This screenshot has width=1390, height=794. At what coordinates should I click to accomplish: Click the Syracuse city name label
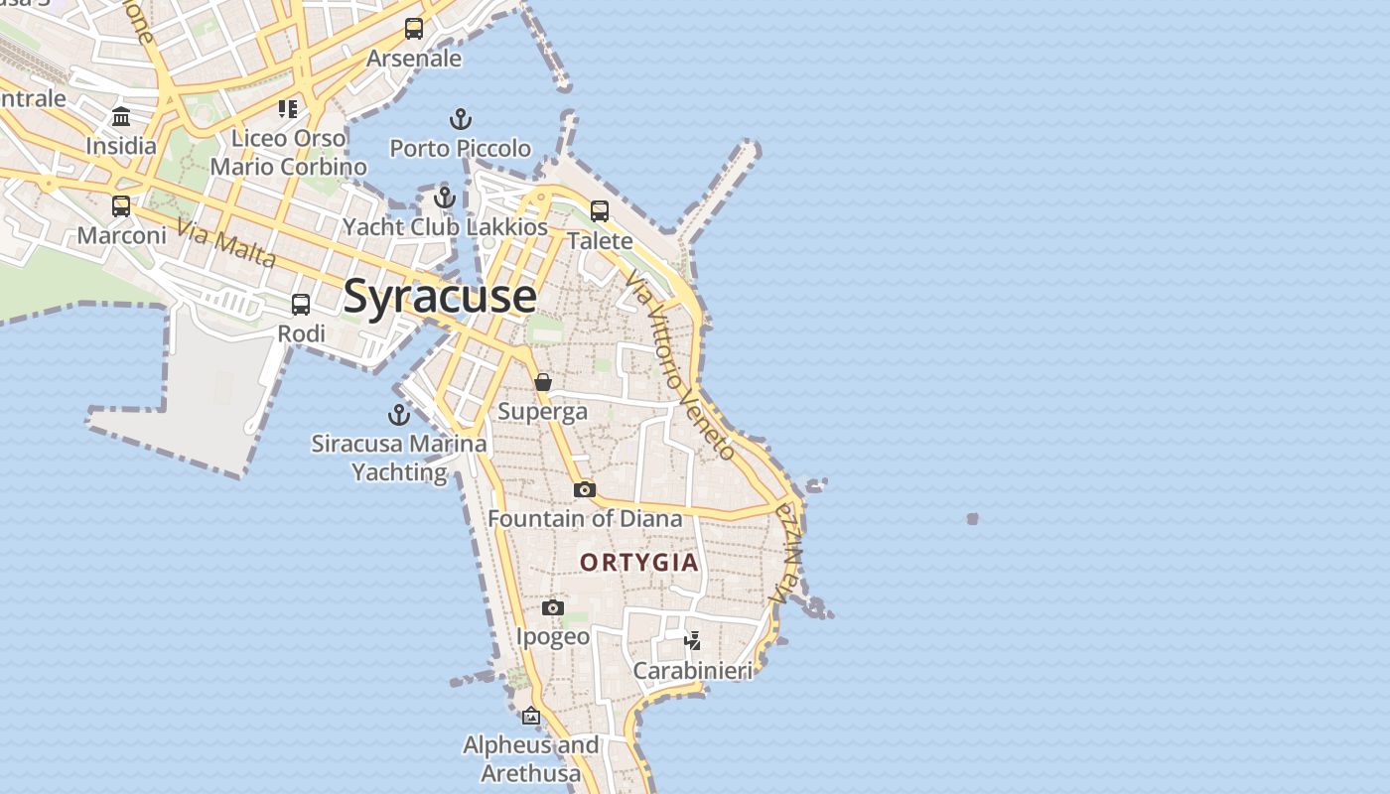click(x=440, y=297)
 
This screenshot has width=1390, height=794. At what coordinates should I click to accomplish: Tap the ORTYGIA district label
click(x=639, y=563)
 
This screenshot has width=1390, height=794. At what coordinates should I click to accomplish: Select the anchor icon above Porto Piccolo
click(x=460, y=120)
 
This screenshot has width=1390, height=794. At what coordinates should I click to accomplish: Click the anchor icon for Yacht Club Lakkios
click(x=444, y=198)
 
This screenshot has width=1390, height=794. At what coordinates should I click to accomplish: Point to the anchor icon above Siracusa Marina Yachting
click(x=399, y=415)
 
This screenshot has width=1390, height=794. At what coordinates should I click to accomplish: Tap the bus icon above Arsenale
click(x=414, y=29)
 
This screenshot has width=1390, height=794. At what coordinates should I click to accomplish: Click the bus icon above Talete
click(x=600, y=210)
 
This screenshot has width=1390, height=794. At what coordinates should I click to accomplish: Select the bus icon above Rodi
click(x=301, y=305)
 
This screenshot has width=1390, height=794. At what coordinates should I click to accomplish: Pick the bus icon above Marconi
click(x=121, y=206)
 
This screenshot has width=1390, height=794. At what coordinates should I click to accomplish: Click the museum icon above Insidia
click(x=121, y=117)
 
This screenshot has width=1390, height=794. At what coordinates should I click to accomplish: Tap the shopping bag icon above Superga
click(x=543, y=382)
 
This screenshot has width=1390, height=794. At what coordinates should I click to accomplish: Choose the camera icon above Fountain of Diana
click(x=585, y=489)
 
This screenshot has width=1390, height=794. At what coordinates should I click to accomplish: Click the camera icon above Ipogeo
click(x=553, y=607)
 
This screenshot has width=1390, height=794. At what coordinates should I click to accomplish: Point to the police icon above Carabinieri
click(x=693, y=641)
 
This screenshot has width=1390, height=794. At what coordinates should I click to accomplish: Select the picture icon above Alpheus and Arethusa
click(x=531, y=716)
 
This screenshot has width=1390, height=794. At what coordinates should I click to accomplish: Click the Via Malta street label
click(x=225, y=243)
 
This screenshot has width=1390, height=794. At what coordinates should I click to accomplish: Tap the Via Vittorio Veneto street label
click(x=681, y=366)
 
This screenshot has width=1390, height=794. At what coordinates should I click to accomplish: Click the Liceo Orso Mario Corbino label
click(x=288, y=152)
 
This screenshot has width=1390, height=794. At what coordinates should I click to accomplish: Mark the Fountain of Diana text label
click(x=585, y=518)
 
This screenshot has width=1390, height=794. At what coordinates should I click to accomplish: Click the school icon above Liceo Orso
click(x=288, y=108)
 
